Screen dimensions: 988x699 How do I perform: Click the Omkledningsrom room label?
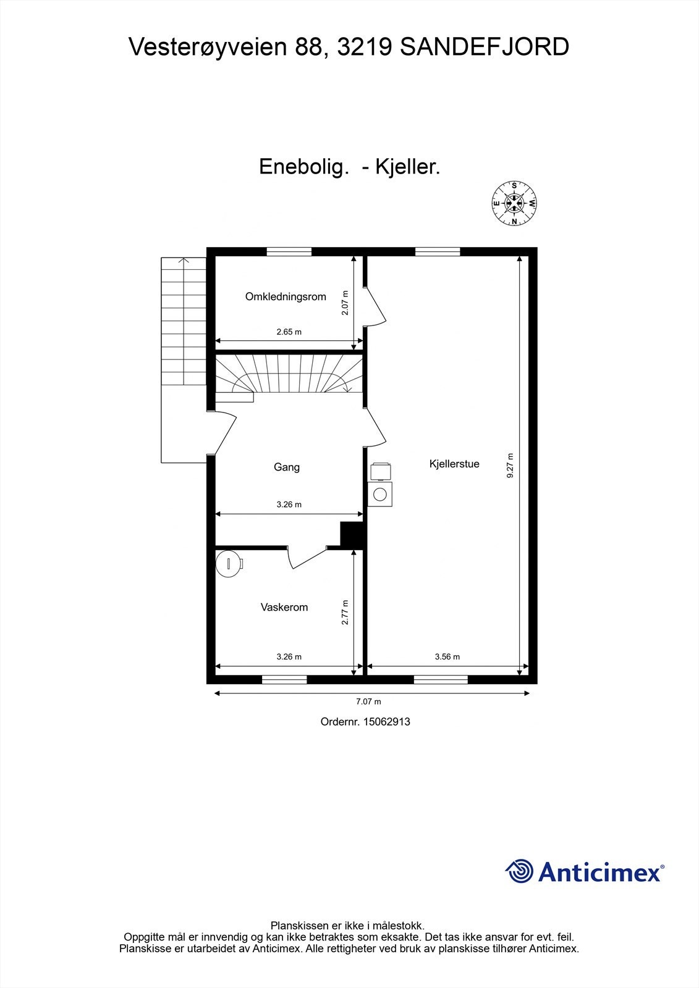[286, 296]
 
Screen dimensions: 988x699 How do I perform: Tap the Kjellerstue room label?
[454, 464]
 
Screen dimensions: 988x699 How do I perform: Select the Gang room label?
[287, 467]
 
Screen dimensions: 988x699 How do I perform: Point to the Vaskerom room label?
[284, 607]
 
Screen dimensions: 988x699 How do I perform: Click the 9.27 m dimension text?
[510, 466]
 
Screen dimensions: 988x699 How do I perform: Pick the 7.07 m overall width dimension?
[368, 701]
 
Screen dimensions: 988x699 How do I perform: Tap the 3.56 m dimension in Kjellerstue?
[447, 656]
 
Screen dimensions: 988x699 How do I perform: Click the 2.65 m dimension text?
[289, 332]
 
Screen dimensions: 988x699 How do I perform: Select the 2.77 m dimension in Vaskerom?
[345, 613]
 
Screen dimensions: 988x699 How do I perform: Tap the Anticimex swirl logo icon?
[519, 871]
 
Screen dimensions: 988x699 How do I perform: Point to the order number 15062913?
[386, 721]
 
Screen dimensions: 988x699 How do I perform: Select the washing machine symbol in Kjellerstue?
[379, 494]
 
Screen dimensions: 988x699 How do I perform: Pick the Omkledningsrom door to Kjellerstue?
[375, 306]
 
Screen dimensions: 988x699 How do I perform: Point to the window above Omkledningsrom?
[289, 251]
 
